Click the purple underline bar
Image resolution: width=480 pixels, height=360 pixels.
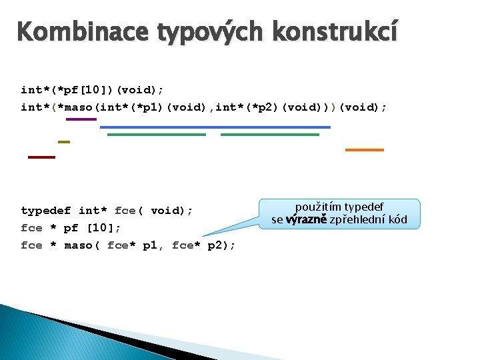coord(81,119)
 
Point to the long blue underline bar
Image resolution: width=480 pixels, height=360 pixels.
coord(215,126)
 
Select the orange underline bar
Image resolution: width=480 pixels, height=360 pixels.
coord(364,150)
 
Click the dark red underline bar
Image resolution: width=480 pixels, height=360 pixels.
coord(41,157)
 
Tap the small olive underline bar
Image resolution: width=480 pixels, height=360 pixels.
coord(64,142)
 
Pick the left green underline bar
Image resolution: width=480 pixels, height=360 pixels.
coord(157,134)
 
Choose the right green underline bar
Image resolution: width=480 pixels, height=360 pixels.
coord(270,134)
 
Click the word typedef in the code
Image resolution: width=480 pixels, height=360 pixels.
coord(45,211)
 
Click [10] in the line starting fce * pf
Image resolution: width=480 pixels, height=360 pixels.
coord(101,228)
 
